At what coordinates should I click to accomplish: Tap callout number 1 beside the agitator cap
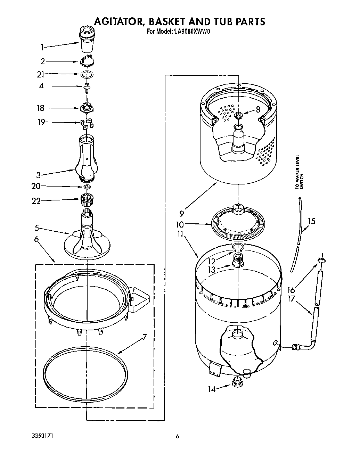tap(42, 47)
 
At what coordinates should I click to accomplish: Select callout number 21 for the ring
tap(41, 74)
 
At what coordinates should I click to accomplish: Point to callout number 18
tap(41, 108)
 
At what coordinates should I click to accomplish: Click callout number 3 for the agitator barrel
tap(39, 175)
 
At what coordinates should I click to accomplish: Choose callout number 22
tap(36, 201)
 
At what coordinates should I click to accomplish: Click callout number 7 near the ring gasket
tap(145, 337)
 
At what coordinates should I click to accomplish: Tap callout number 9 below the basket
tap(182, 213)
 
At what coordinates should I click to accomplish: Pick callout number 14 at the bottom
tap(212, 389)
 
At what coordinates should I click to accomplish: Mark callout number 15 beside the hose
tap(312, 221)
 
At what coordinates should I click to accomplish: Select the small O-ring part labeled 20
tap(88, 187)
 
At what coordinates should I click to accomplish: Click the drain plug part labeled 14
tap(237, 382)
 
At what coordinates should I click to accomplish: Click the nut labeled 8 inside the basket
tap(238, 115)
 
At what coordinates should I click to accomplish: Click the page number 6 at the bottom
tap(178, 436)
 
